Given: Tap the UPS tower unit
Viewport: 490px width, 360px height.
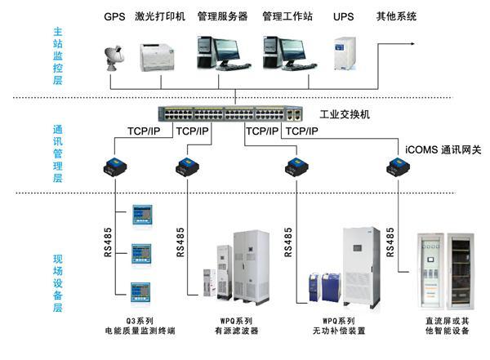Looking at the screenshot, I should pos(343,52).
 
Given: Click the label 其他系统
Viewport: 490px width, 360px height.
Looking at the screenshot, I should pos(395,16).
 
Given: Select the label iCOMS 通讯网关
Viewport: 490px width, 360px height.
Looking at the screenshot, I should pos(442,150).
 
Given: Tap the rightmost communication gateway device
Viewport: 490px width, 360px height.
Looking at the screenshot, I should pos(398,168).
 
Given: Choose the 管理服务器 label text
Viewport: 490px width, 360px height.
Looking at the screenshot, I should pos(222,16).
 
